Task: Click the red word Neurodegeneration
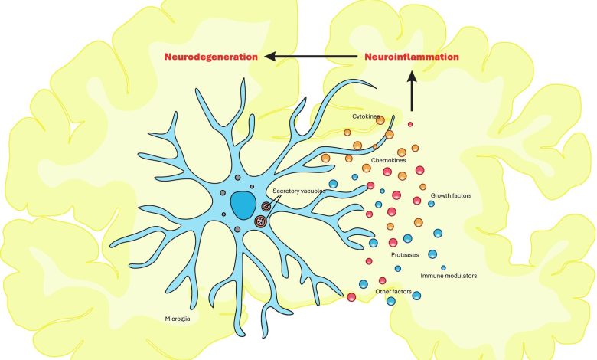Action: pyautogui.click(x=210, y=57)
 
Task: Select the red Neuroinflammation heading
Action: pyautogui.click(x=412, y=57)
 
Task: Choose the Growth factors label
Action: pyautogui.click(x=451, y=195)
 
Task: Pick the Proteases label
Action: pyautogui.click(x=405, y=254)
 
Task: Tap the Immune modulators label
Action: pyautogui.click(x=449, y=275)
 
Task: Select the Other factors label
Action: pyautogui.click(x=394, y=292)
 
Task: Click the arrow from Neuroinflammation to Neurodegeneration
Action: pyautogui.click(x=314, y=57)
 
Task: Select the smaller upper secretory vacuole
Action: pyautogui.click(x=266, y=206)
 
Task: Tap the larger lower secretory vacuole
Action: pyautogui.click(x=259, y=222)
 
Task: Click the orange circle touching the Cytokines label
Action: pyautogui.click(x=380, y=120)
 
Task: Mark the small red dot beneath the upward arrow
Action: pyautogui.click(x=410, y=123)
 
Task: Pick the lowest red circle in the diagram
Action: pyautogui.click(x=351, y=297)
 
